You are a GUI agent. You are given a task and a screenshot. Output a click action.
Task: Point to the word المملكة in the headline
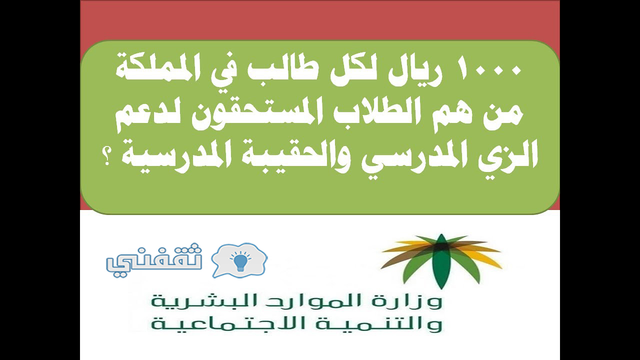point(150,70)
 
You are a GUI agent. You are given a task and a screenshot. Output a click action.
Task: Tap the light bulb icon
point(240,262)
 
